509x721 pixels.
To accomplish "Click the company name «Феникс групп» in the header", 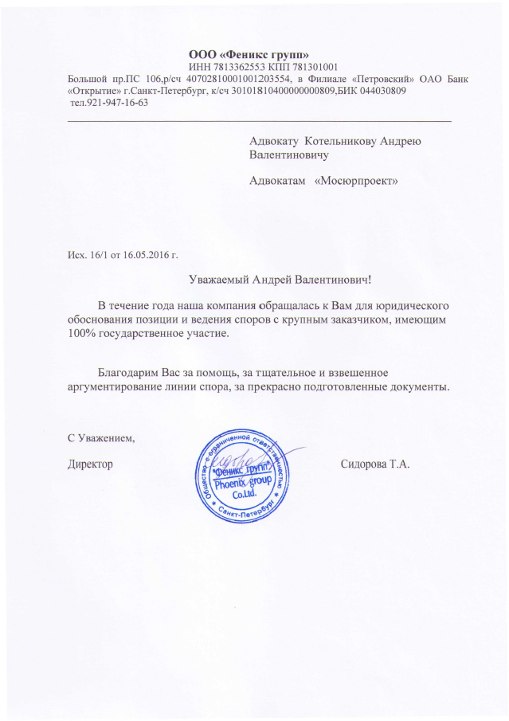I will click(271, 53).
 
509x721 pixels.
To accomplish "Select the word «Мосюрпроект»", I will click(356, 180).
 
